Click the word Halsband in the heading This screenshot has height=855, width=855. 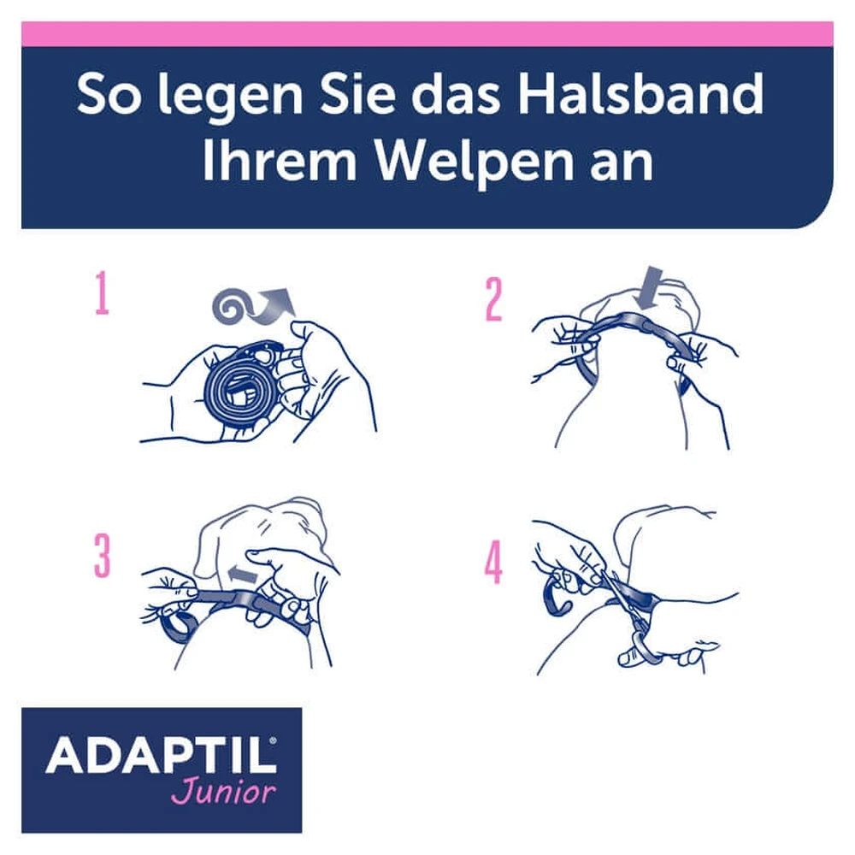[640, 94]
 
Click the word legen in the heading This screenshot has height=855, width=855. [230, 98]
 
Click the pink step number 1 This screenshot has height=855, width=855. [102, 294]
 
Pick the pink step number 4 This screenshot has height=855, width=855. [493, 562]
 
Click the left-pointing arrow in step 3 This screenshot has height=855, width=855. [242, 575]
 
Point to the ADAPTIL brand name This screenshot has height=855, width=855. [161, 755]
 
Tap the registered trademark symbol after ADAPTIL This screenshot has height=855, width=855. [273, 740]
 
